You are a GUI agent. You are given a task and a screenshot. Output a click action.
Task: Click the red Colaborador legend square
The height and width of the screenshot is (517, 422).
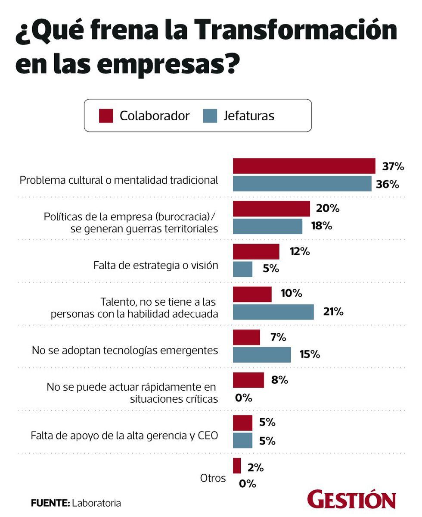pyautogui.click(x=106, y=116)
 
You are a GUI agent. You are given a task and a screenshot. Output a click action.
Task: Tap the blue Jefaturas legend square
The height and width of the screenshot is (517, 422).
pyautogui.click(x=210, y=116)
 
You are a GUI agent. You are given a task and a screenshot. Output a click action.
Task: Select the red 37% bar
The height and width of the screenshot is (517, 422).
pyautogui.click(x=304, y=166)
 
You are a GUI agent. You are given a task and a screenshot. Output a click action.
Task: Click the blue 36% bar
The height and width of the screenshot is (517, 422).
pyautogui.click(x=302, y=184)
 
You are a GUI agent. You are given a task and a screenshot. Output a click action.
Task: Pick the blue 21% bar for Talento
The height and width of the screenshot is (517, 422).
pyautogui.click(x=273, y=312)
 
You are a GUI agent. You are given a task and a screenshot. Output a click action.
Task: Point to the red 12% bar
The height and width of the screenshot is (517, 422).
pyautogui.click(x=256, y=251)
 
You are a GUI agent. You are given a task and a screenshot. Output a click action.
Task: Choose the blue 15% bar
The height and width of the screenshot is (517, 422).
pyautogui.click(x=262, y=354)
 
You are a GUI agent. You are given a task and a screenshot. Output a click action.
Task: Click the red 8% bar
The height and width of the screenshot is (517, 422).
pyautogui.click(x=248, y=380)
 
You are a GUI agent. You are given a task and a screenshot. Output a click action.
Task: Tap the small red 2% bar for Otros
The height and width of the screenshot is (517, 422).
pyautogui.click(x=237, y=466)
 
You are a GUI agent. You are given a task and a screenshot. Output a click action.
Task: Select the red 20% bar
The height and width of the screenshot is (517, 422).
pyautogui.click(x=271, y=209)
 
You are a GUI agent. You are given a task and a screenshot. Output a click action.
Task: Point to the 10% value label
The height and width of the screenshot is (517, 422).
pyautogui.click(x=292, y=294)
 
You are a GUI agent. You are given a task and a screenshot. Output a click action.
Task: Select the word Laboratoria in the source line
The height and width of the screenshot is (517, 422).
pyautogui.click(x=96, y=503)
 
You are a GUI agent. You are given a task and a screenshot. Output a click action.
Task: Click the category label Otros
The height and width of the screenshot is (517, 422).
pyautogui.click(x=213, y=478)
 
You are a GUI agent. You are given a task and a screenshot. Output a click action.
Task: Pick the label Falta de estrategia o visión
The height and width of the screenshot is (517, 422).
pyautogui.click(x=155, y=265)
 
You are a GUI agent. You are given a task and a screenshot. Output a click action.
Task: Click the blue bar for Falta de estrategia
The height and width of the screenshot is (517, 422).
pyautogui.click(x=242, y=269)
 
